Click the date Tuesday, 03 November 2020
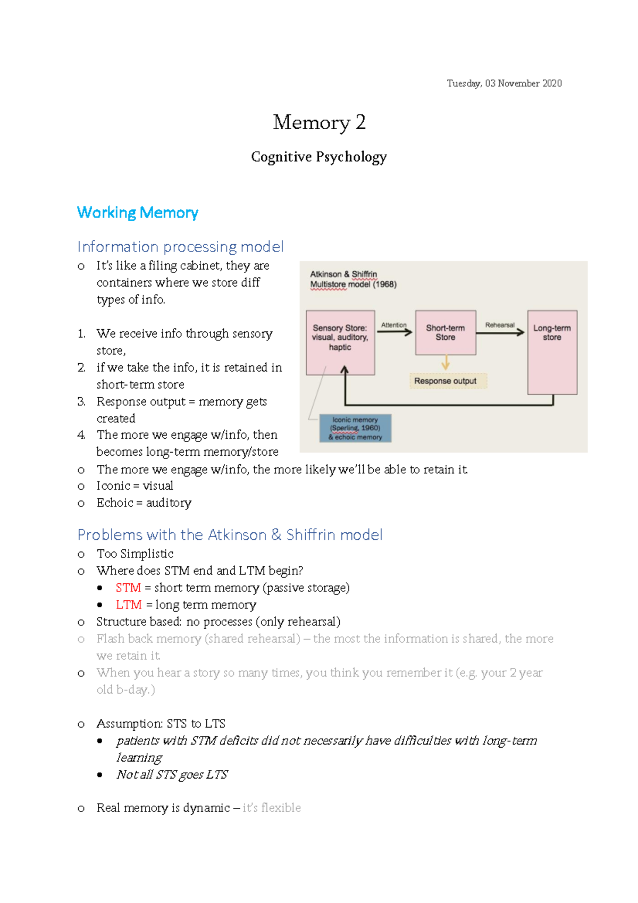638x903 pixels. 504,83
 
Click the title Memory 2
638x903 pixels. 319,122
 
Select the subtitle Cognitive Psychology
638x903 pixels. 319,157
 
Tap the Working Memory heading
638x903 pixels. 138,213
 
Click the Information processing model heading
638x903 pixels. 180,247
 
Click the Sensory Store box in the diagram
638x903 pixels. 340,342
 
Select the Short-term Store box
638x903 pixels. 446,333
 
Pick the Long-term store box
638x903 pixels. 552,352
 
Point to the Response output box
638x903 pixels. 446,381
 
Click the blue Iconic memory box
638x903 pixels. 355,429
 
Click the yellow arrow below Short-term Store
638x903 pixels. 446,363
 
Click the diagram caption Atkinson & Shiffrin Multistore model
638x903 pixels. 353,279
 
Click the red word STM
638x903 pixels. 128,588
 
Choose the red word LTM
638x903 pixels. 129,605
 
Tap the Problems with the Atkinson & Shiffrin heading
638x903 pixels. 230,535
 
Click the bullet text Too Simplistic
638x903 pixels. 135,554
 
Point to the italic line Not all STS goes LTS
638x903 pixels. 172,775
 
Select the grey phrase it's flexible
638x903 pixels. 272,808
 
